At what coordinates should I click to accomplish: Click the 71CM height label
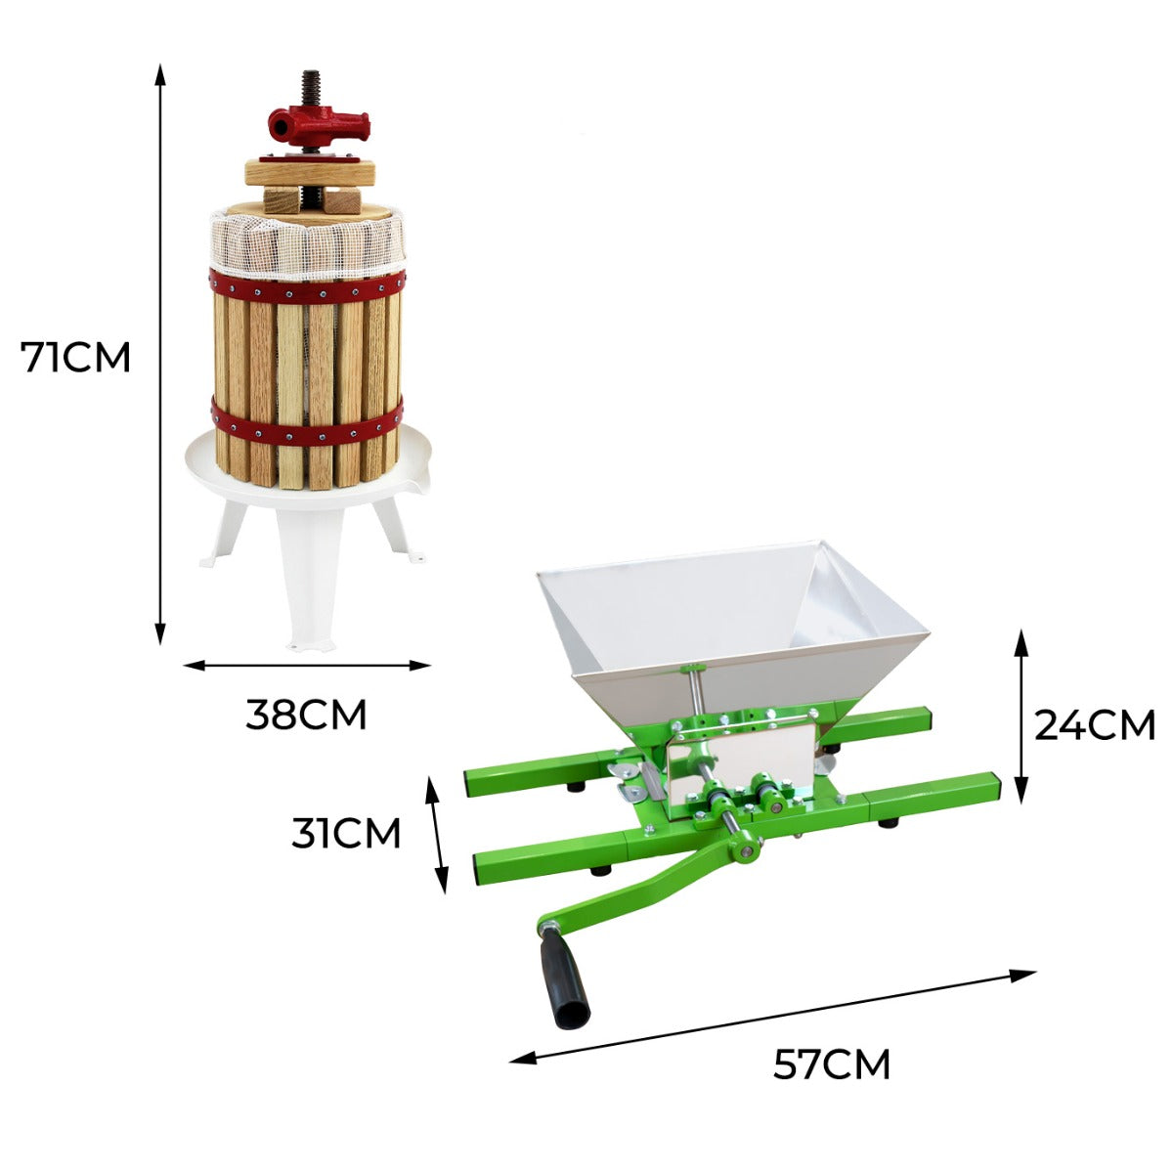(76, 358)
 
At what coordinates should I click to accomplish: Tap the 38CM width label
(306, 716)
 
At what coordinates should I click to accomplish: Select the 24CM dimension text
(1095, 725)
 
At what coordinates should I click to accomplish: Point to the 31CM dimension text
(346, 834)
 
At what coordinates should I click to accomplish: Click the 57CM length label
(832, 1064)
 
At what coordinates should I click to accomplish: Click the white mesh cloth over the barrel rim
(307, 248)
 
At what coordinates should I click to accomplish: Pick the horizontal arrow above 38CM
(307, 666)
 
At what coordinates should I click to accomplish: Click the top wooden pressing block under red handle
(309, 172)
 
